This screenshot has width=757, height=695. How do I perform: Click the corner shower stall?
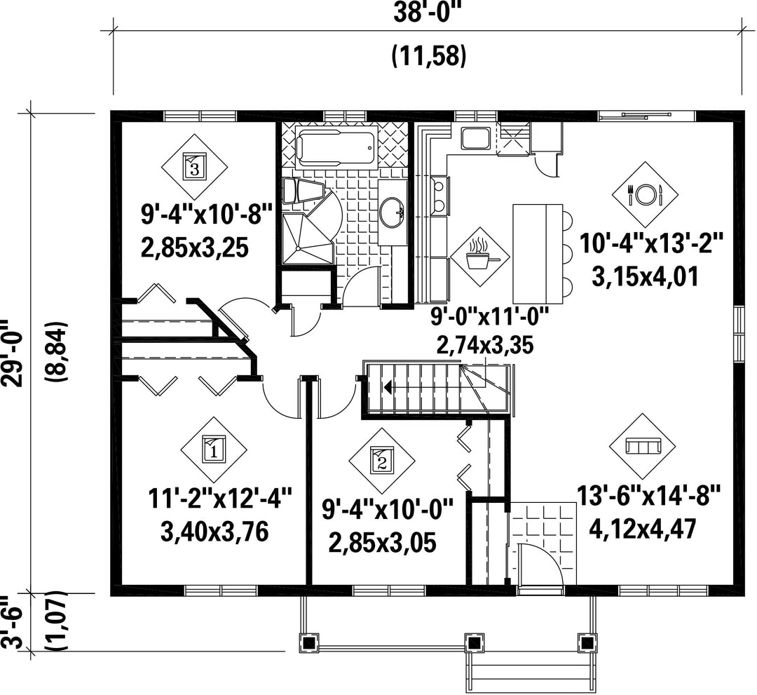(x=308, y=239)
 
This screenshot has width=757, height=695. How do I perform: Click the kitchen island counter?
(x=538, y=252)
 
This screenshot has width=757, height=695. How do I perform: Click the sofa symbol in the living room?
(x=643, y=447)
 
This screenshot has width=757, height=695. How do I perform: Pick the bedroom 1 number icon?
(x=214, y=450)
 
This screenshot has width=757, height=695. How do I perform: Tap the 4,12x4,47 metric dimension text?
(x=643, y=529)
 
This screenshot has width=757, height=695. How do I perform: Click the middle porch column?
(x=475, y=643)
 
